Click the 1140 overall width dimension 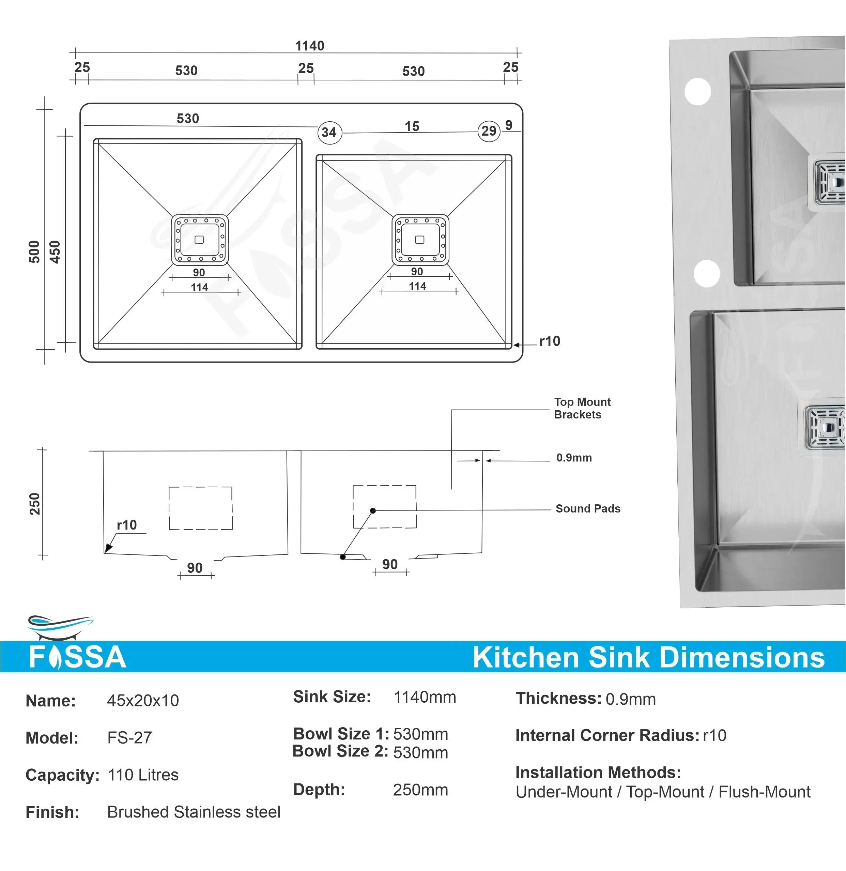[310, 46]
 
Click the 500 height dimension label [34, 252]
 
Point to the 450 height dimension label [55, 252]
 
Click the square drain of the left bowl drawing [200, 240]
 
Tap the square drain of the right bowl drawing [420, 240]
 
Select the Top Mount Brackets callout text [582, 408]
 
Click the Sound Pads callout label [587, 508]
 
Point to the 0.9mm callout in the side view [574, 458]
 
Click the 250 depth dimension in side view [35, 504]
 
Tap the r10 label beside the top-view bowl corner [550, 341]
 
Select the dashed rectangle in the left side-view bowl [200, 508]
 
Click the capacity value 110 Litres [143, 775]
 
